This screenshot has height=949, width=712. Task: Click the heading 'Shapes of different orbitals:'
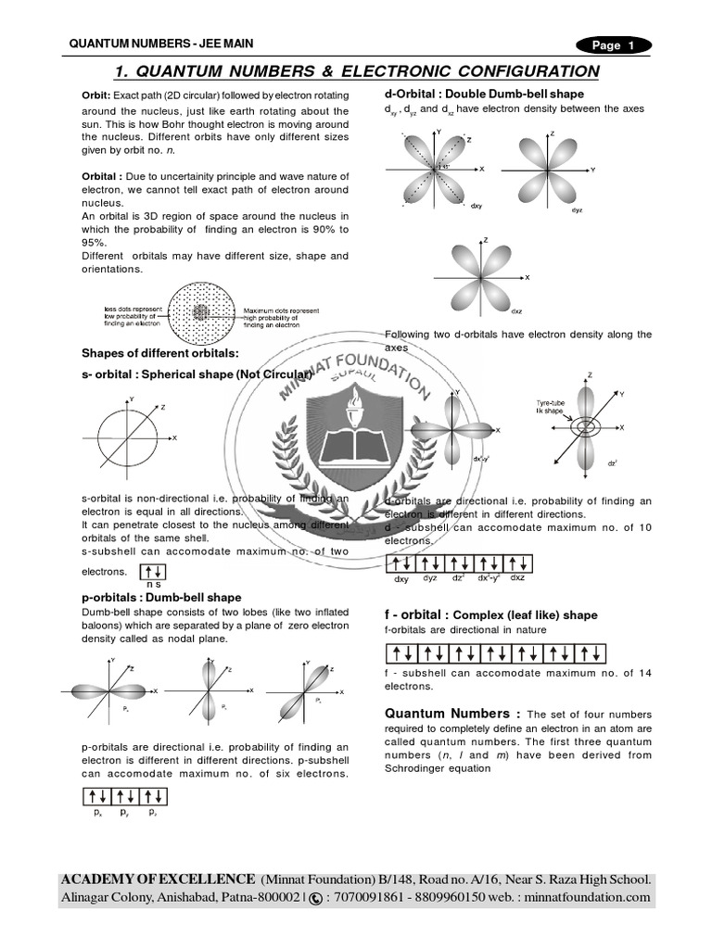[x=159, y=353]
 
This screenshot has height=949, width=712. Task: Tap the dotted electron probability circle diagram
[x=201, y=311]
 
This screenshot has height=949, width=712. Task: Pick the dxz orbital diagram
[x=484, y=277]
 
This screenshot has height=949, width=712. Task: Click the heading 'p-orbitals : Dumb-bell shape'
[x=161, y=598]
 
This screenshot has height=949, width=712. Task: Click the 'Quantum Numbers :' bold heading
[x=452, y=714]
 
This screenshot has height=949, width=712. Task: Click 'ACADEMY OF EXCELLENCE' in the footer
[x=159, y=879]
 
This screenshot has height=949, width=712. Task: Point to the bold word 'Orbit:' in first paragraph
[x=96, y=96]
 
